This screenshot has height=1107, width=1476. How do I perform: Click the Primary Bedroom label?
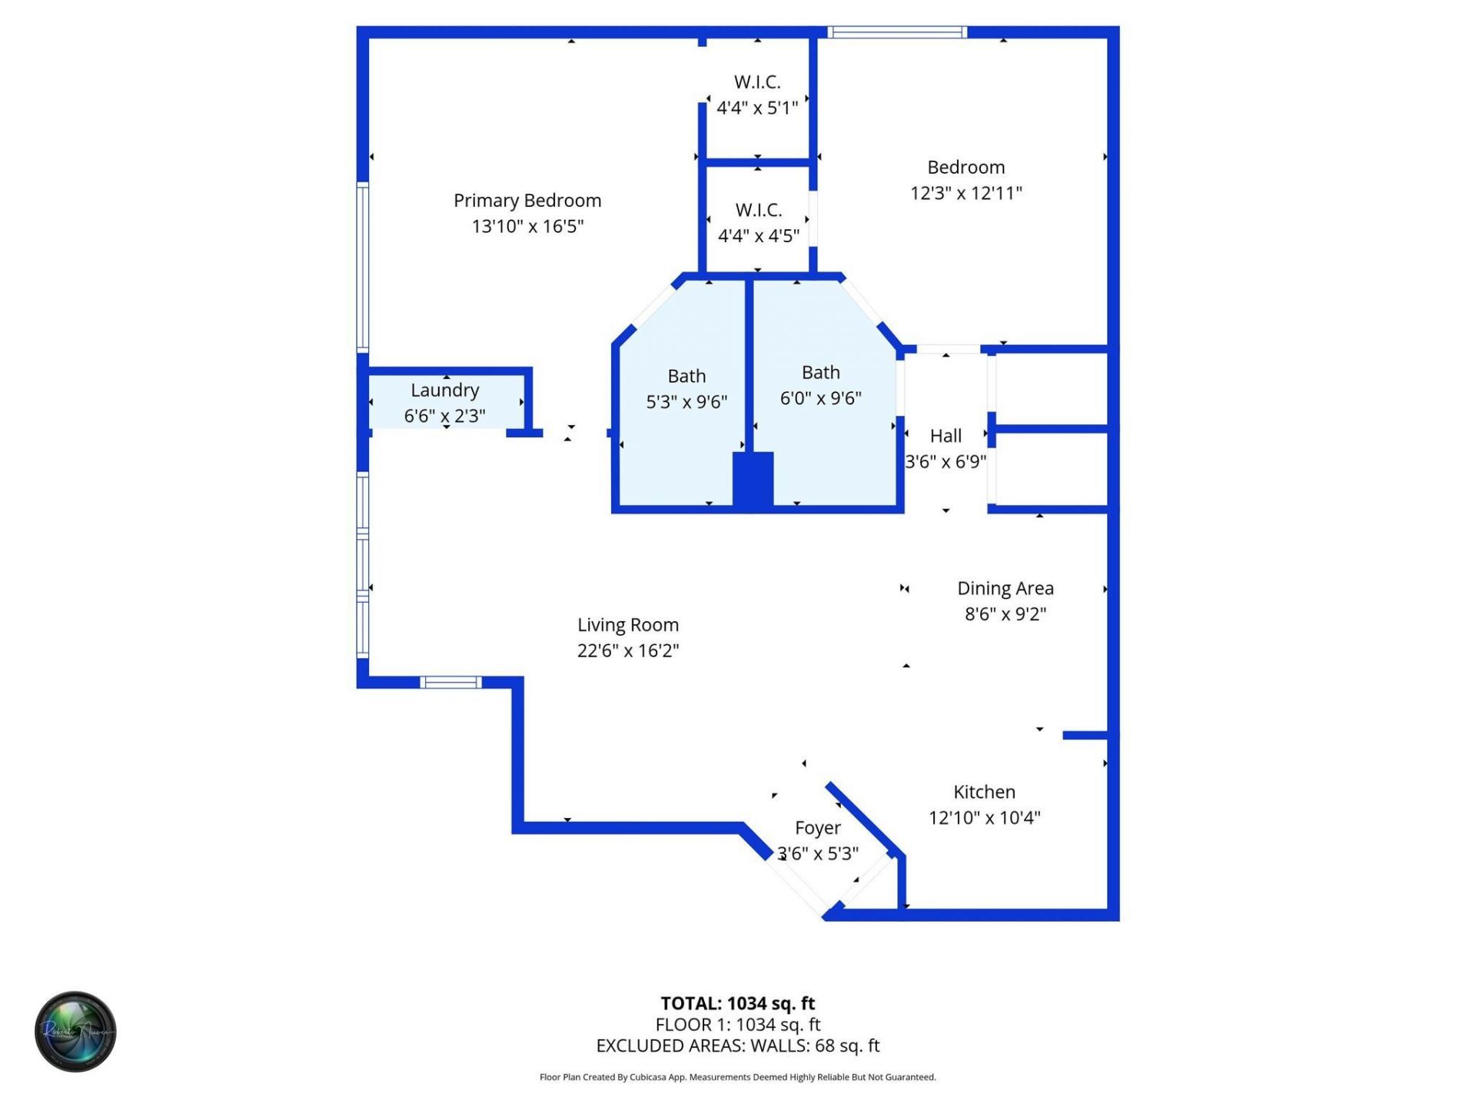(x=527, y=201)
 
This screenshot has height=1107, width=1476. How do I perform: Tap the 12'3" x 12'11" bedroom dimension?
(x=966, y=193)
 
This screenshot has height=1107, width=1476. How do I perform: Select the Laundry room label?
(x=444, y=390)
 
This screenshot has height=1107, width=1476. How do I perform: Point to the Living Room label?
(x=628, y=625)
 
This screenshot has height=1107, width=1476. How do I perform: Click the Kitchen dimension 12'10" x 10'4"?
(x=984, y=817)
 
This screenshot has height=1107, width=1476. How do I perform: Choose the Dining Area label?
(x=1005, y=588)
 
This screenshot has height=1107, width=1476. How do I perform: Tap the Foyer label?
(x=817, y=828)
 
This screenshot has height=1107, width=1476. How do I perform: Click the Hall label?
(x=946, y=436)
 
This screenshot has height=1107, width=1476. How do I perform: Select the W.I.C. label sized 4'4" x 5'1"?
(x=757, y=81)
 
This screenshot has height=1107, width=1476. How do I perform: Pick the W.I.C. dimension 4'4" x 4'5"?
(x=758, y=235)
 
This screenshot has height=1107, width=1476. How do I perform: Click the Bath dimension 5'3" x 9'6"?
(x=686, y=401)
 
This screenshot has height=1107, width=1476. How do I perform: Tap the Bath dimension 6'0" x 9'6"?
(x=820, y=397)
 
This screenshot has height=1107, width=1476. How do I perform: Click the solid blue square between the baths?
(x=753, y=480)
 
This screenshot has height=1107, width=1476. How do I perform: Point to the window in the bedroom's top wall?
(x=896, y=32)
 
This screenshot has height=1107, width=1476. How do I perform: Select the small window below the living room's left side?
(x=450, y=682)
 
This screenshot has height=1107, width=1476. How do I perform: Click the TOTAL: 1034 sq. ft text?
(x=737, y=1003)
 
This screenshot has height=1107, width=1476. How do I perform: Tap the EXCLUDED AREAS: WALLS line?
(x=737, y=1045)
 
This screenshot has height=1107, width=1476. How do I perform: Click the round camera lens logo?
(x=75, y=1032)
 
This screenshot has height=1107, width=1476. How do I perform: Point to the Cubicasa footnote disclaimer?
(x=737, y=1077)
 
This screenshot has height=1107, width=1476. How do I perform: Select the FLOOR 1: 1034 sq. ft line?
(x=737, y=1025)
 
